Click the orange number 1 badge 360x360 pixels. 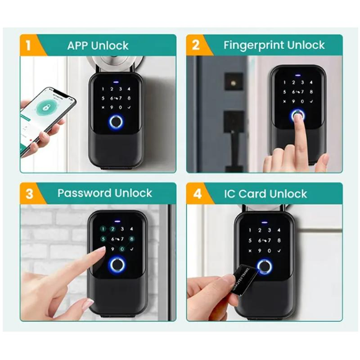(28, 45)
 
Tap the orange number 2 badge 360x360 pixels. (195, 45)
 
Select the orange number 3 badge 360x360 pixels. (29, 194)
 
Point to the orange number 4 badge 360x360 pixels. (195, 194)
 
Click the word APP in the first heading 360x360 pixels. (78, 45)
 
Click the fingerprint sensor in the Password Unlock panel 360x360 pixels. (116, 265)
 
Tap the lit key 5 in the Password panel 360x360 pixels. (103, 239)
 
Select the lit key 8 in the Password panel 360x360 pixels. (131, 239)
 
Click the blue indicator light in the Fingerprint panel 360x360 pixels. (297, 75)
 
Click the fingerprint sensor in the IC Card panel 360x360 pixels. (264, 266)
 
